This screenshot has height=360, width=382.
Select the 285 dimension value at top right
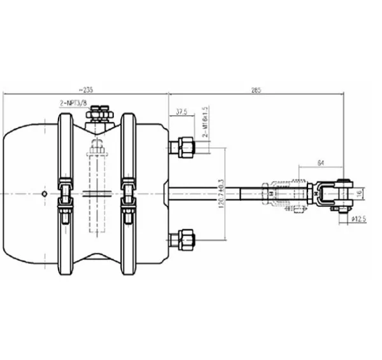[257, 89]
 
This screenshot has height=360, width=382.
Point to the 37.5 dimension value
[182, 111]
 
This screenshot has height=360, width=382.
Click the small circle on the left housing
[43, 193]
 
